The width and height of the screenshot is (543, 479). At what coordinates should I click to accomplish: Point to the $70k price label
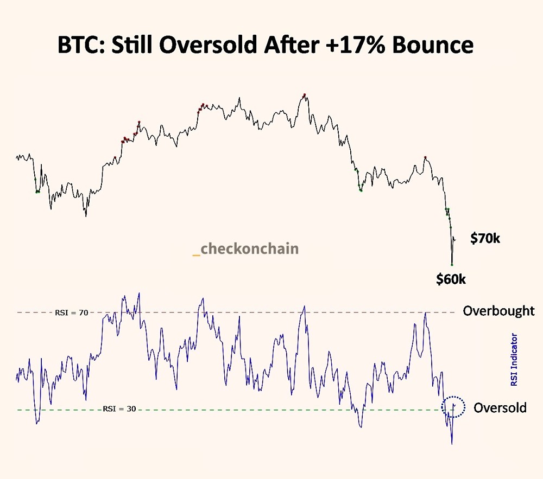[485, 238]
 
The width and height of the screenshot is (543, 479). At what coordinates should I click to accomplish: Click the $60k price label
[451, 279]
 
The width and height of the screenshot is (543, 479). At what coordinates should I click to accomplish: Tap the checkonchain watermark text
[249, 248]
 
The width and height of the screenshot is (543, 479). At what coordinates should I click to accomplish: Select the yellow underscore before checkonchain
[196, 253]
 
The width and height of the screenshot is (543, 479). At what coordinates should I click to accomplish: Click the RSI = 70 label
[71, 312]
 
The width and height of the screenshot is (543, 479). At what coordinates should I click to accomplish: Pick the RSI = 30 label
[119, 409]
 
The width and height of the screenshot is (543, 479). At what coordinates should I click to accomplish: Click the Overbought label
[498, 311]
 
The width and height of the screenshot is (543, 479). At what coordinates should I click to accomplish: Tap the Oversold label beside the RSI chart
[500, 407]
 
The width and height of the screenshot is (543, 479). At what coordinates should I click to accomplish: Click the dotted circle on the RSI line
[453, 407]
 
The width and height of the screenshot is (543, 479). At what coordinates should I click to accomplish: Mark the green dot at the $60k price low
[452, 264]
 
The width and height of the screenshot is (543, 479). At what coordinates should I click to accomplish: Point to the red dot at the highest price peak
[305, 95]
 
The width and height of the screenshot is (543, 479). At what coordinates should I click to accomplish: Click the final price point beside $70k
[455, 239]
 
